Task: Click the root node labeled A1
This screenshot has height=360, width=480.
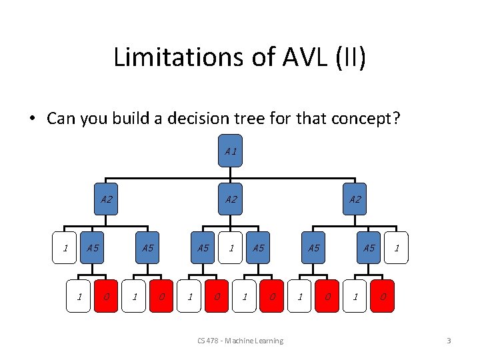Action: point(230,151)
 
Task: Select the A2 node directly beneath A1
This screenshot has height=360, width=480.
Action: point(230,199)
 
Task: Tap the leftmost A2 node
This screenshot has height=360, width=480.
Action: point(106,199)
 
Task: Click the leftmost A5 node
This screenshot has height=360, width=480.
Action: point(92,248)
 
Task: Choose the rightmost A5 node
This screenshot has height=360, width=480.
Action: point(368,248)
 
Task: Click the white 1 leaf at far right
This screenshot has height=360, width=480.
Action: point(397,248)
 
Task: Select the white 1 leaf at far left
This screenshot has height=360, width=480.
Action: point(65,248)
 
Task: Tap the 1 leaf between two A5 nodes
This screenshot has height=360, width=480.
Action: point(231,248)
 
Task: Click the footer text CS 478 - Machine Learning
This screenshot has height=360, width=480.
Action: point(240,341)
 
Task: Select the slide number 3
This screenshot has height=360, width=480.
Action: point(449,341)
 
